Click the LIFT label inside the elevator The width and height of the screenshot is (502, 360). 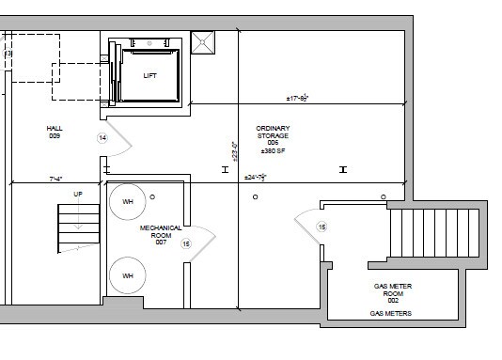(x=149, y=76)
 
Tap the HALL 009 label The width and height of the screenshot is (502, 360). (x=54, y=132)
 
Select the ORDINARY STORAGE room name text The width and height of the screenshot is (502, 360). (x=274, y=133)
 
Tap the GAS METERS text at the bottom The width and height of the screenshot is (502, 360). (x=389, y=313)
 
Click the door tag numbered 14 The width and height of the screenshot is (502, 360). (x=102, y=138)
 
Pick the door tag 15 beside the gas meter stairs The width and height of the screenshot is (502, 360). (x=322, y=227)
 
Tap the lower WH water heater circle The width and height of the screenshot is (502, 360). (x=126, y=276)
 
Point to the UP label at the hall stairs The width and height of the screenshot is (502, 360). (x=78, y=195)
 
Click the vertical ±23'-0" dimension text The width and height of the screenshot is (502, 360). (x=234, y=150)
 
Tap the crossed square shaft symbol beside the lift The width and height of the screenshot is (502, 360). (x=202, y=43)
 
